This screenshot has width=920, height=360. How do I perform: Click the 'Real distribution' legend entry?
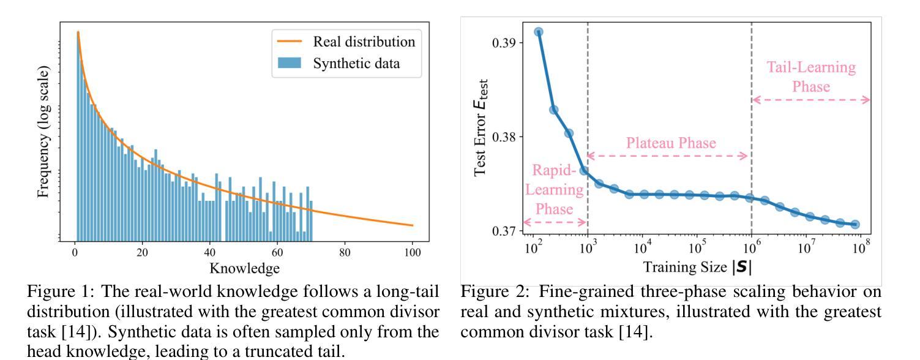click(x=364, y=42)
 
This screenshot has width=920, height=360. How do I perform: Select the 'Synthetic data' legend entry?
click(x=356, y=63)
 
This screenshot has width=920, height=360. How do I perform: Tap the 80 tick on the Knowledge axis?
click(x=345, y=252)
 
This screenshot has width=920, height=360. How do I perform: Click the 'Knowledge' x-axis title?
click(x=244, y=268)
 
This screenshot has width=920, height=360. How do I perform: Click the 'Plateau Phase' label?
click(x=670, y=143)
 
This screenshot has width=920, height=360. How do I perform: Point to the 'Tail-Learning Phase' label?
click(x=811, y=77)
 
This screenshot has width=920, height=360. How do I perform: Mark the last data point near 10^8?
click(x=855, y=225)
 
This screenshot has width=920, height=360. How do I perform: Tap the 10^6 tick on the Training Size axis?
click(x=752, y=249)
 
